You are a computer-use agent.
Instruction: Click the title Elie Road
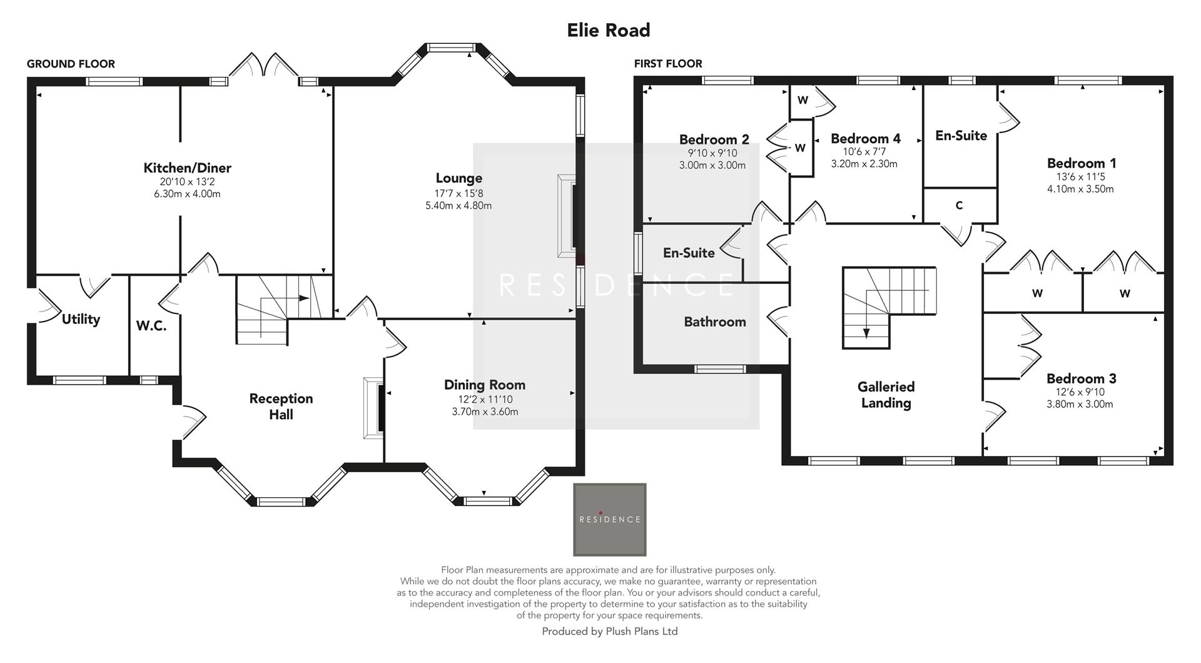click(x=608, y=30)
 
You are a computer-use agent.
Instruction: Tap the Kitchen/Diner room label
click(x=187, y=168)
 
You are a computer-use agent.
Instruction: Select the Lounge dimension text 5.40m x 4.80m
click(x=458, y=205)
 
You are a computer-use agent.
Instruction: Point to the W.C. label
click(x=151, y=326)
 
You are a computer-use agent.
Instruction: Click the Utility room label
click(x=81, y=320)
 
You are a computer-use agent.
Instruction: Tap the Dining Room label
click(x=484, y=385)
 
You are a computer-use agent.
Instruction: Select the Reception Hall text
click(x=281, y=406)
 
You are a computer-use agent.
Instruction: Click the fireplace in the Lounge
click(x=567, y=216)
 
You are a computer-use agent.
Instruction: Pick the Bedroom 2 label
click(x=714, y=139)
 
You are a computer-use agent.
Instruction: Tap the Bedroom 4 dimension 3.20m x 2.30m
click(x=864, y=164)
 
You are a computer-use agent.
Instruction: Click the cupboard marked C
click(x=959, y=206)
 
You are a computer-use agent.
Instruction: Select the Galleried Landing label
click(x=886, y=395)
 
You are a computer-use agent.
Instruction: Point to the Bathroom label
click(x=714, y=322)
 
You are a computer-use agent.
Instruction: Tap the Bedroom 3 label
click(x=1081, y=379)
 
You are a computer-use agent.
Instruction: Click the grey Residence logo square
click(x=609, y=519)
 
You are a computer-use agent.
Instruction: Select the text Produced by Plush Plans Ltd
click(x=609, y=631)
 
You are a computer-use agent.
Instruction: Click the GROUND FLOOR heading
click(x=71, y=64)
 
